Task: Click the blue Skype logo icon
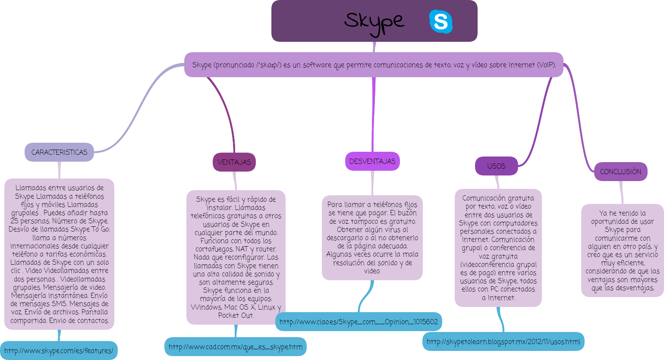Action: (441, 22)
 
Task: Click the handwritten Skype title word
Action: (374, 22)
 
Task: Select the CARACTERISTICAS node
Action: (59, 152)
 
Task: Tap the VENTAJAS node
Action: (234, 162)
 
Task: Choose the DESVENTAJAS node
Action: (372, 161)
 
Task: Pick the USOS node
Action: (496, 166)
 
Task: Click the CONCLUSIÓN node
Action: (620, 172)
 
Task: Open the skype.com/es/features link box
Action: (59, 351)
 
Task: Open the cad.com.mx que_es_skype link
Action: (235, 347)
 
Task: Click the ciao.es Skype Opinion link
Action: (359, 322)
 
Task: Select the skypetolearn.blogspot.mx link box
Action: (503, 341)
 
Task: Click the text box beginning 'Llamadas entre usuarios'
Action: (59, 254)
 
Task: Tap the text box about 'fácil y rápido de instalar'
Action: (236, 257)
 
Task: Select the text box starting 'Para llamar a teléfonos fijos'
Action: (372, 238)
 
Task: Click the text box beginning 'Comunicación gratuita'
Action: (498, 248)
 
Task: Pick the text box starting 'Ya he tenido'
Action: (622, 250)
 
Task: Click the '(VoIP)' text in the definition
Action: (546, 65)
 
